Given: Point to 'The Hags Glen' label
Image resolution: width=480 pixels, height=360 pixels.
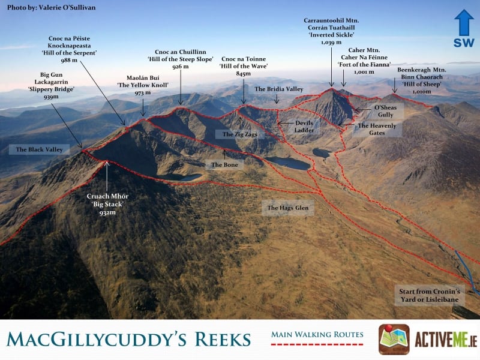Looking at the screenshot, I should tap(287, 208).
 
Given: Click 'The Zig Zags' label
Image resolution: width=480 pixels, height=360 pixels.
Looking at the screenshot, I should tap(239, 134).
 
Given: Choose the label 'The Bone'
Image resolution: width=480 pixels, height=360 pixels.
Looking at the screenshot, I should tap(225, 164).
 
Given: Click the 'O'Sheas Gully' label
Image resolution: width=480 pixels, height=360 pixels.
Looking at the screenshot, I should tap(385, 110).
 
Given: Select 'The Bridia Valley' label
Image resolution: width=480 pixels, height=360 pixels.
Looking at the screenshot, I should tap(278, 89).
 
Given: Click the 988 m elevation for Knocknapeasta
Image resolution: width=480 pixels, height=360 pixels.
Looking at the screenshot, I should tap(70, 61).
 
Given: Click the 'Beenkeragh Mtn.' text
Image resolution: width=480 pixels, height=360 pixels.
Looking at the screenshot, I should tap(422, 70).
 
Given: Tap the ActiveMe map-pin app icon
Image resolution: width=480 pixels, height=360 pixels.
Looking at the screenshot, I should tap(394, 340).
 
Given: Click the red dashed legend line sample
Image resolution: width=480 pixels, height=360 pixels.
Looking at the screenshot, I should tap(317, 345).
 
